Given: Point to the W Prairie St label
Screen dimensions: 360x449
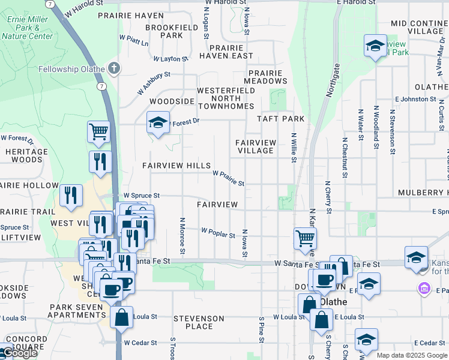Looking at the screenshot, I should tap(228, 178).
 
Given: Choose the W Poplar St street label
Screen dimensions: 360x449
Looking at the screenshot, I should tap(218, 232).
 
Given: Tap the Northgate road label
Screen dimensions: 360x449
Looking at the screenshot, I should tap(333, 80).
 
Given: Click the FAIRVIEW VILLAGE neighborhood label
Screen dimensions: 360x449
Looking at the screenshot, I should tap(256, 146).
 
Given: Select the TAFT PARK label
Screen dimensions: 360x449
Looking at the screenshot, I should tap(281, 119).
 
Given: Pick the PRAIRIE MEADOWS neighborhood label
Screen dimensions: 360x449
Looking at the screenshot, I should tap(266, 77).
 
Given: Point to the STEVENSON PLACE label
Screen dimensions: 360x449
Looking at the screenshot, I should tap(199, 322).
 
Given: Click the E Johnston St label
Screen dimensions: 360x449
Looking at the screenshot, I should tap(415, 99).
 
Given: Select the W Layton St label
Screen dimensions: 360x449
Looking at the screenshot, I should tap(170, 59).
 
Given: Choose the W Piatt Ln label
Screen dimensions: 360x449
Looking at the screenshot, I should tap(134, 40).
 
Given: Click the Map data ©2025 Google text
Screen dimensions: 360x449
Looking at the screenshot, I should tap(411, 355).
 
